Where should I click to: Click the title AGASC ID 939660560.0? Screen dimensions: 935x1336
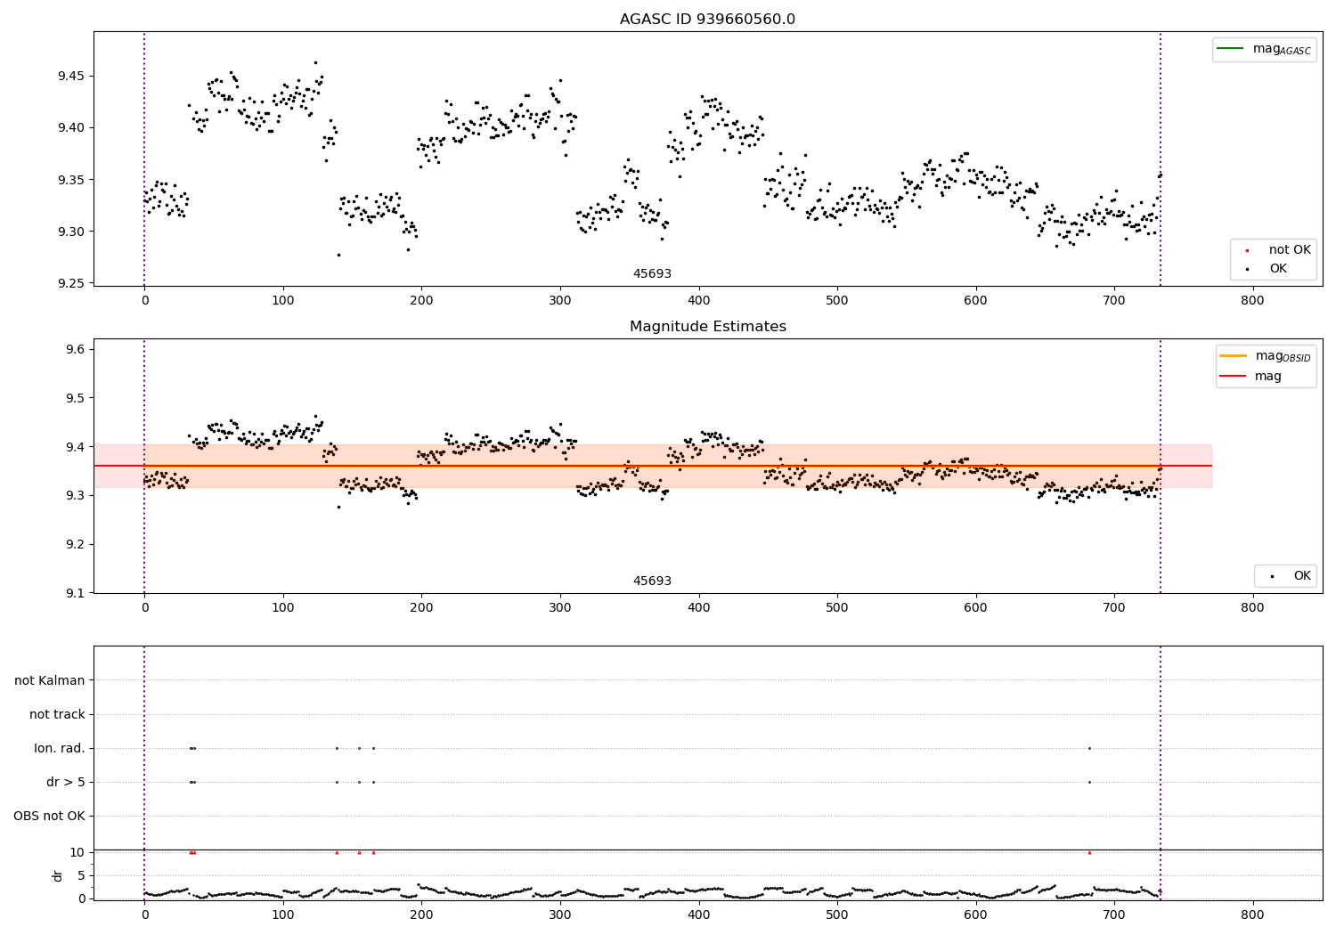pos(707,20)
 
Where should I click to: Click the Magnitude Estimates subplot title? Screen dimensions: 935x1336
pos(707,327)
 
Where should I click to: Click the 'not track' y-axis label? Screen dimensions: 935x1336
pos(57,714)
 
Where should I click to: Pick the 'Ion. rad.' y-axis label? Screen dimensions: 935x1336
pos(60,748)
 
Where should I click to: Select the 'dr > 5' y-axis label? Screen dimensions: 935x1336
pos(66,782)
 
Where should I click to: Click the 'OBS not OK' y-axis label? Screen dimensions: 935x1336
pos(49,816)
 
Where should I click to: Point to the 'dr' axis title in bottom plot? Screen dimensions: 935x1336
pos(58,875)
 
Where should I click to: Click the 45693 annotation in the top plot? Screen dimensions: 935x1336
pos(652,274)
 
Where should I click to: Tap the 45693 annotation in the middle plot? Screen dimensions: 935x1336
pos(652,581)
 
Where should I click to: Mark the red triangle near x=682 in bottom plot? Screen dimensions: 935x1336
pos(1089,852)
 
